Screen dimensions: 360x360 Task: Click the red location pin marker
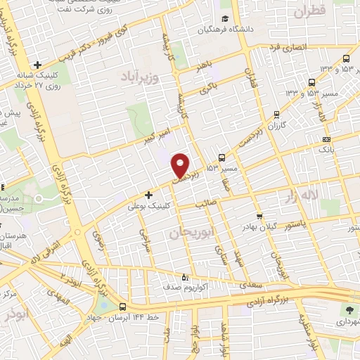click(181, 165)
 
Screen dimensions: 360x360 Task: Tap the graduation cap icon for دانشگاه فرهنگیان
click(224, 19)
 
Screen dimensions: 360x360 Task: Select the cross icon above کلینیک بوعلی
click(148, 194)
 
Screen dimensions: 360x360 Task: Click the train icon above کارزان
click(277, 112)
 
